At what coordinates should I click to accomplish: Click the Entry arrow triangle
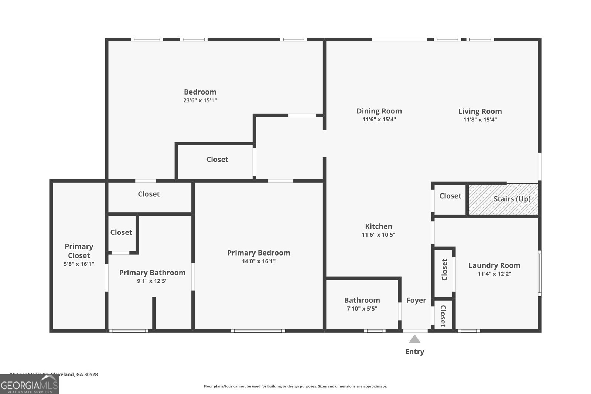click(x=414, y=339)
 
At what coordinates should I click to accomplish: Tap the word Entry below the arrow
click(x=414, y=352)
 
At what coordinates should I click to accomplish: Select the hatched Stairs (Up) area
click(x=503, y=199)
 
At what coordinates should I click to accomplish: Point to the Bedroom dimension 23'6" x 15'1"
click(x=200, y=100)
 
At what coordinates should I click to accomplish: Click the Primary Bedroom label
click(x=259, y=253)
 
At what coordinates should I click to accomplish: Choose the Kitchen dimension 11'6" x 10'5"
click(x=378, y=235)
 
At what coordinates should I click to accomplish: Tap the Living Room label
click(x=480, y=111)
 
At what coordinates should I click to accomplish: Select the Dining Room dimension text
click(x=379, y=120)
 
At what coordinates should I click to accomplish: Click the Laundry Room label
click(x=494, y=265)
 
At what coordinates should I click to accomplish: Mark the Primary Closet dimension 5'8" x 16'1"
click(x=79, y=264)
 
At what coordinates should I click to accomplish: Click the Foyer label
click(x=416, y=300)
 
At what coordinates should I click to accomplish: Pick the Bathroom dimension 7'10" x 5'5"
click(x=362, y=309)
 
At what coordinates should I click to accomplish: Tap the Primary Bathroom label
click(x=152, y=273)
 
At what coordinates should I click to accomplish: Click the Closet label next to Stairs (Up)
click(x=450, y=196)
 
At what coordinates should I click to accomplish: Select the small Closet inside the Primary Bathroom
click(x=121, y=232)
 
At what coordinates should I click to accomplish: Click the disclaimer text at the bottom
click(x=295, y=386)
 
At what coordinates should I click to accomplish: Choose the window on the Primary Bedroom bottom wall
click(x=258, y=331)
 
